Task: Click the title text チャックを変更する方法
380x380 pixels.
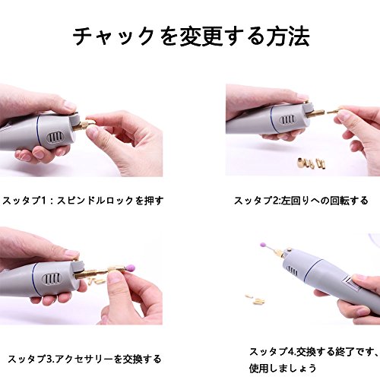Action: click(192, 37)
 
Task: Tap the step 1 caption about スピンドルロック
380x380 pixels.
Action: click(83, 201)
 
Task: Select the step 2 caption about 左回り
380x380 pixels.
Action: click(301, 201)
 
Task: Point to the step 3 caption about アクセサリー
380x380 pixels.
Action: click(84, 359)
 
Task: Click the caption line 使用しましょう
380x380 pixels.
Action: click(283, 368)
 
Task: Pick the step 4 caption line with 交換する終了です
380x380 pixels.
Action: click(312, 352)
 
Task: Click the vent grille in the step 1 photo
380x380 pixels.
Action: click(54, 138)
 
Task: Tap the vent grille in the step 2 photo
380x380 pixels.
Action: click(287, 119)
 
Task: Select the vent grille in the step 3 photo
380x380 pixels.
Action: click(52, 279)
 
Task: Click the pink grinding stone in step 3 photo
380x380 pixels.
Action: click(130, 268)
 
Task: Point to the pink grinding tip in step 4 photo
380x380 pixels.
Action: click(264, 245)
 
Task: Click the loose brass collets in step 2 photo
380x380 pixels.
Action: click(311, 163)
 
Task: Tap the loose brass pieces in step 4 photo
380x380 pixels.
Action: click(255, 299)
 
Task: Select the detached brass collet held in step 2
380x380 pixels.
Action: click(334, 111)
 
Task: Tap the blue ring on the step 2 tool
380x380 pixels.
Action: click(271, 120)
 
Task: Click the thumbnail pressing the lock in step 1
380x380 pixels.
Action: click(69, 106)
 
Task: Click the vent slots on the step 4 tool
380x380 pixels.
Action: click(293, 271)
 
